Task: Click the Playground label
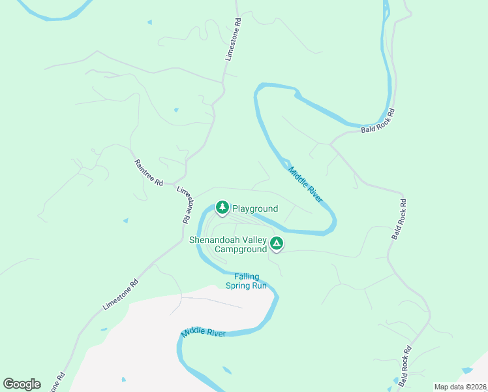coord(255,208)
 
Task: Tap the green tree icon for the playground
coord(222,208)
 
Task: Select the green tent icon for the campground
coord(277,244)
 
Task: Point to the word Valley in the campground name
coord(261,240)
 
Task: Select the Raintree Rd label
coord(148,173)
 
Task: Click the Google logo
coord(22,384)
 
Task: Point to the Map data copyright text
coord(461,387)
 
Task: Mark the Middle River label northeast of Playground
coord(306,184)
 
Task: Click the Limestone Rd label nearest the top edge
coord(233,39)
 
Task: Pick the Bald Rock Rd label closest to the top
coord(378,122)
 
